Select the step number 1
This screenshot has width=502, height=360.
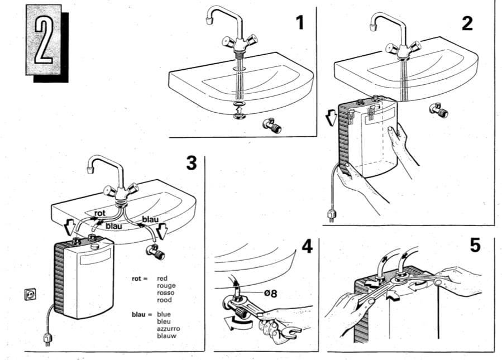pyautogui.click(x=300, y=23)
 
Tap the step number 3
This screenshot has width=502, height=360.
pyautogui.click(x=191, y=164)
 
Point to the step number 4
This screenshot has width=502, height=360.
pyautogui.click(x=307, y=246)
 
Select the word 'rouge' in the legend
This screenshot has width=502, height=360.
pyautogui.click(x=166, y=286)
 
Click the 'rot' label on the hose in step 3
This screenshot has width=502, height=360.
pyautogui.click(x=100, y=213)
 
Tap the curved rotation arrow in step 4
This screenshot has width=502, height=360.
pyautogui.click(x=233, y=322)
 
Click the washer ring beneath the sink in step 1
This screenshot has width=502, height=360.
pyautogui.click(x=239, y=105)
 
